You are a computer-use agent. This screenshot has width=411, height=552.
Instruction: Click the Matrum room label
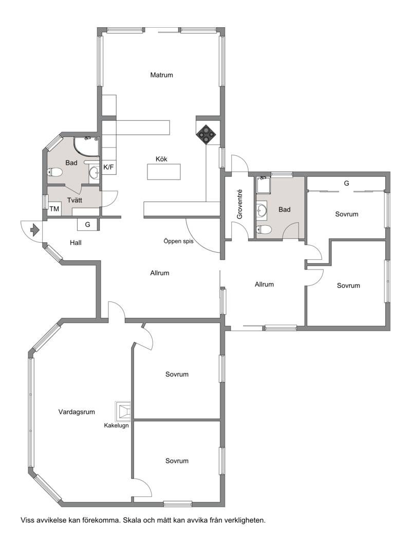point(161,75)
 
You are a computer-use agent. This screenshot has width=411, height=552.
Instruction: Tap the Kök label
point(162,159)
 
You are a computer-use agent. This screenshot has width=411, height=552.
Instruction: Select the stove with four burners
point(207,134)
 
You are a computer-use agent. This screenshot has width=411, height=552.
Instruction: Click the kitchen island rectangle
point(164,171)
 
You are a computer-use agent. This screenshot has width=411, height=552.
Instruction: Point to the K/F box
point(109,167)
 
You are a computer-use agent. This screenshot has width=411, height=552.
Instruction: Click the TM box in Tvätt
point(54,209)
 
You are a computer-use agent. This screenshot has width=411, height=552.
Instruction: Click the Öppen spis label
point(178,241)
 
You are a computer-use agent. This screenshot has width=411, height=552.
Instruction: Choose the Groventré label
point(239,205)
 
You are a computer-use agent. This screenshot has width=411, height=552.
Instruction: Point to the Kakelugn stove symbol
point(123,411)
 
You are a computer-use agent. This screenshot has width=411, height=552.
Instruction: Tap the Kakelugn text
point(116,425)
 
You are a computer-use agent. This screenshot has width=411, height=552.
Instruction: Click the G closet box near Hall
point(88,224)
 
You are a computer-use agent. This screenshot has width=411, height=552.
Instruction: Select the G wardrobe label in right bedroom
point(346,183)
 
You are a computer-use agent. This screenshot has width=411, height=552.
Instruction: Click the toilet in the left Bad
point(54,172)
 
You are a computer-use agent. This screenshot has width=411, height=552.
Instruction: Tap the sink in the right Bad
point(261,209)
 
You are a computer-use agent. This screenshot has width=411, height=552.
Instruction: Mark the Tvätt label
point(74,200)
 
